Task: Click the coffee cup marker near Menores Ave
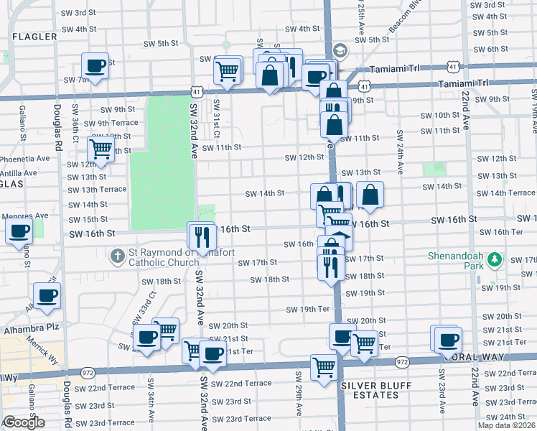click(x=19, y=231)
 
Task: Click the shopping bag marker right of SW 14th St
click(x=370, y=194)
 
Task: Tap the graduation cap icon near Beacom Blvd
click(x=340, y=50)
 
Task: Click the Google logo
click(x=24, y=422)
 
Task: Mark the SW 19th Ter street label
click(x=307, y=310)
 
